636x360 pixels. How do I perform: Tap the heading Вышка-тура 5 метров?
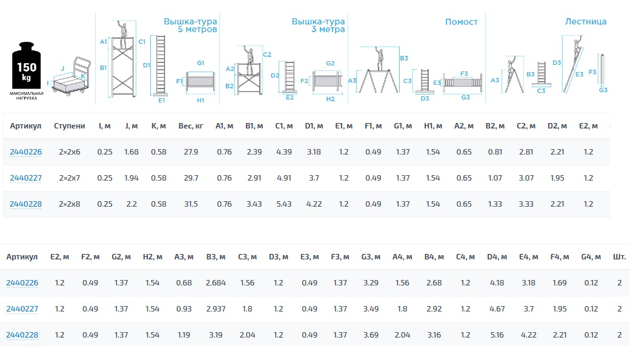tap(190, 25)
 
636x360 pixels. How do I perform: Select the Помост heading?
tap(461, 22)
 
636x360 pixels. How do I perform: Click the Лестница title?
tap(585, 21)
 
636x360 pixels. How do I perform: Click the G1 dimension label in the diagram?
tap(200, 63)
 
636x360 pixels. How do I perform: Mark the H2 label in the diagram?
tap(330, 99)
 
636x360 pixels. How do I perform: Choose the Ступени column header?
tap(70, 125)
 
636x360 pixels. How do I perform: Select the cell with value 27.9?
tap(190, 152)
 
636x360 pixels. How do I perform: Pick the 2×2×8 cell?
tap(70, 204)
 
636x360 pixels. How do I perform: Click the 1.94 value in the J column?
tap(131, 178)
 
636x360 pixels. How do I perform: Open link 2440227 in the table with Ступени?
tap(25, 178)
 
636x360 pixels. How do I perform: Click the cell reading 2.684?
tap(216, 283)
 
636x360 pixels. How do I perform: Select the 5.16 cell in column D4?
tap(495, 335)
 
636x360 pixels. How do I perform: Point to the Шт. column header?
tap(619, 257)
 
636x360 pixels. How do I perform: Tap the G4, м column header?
tap(591, 257)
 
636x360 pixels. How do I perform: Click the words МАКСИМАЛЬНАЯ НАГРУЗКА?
tap(27, 96)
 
